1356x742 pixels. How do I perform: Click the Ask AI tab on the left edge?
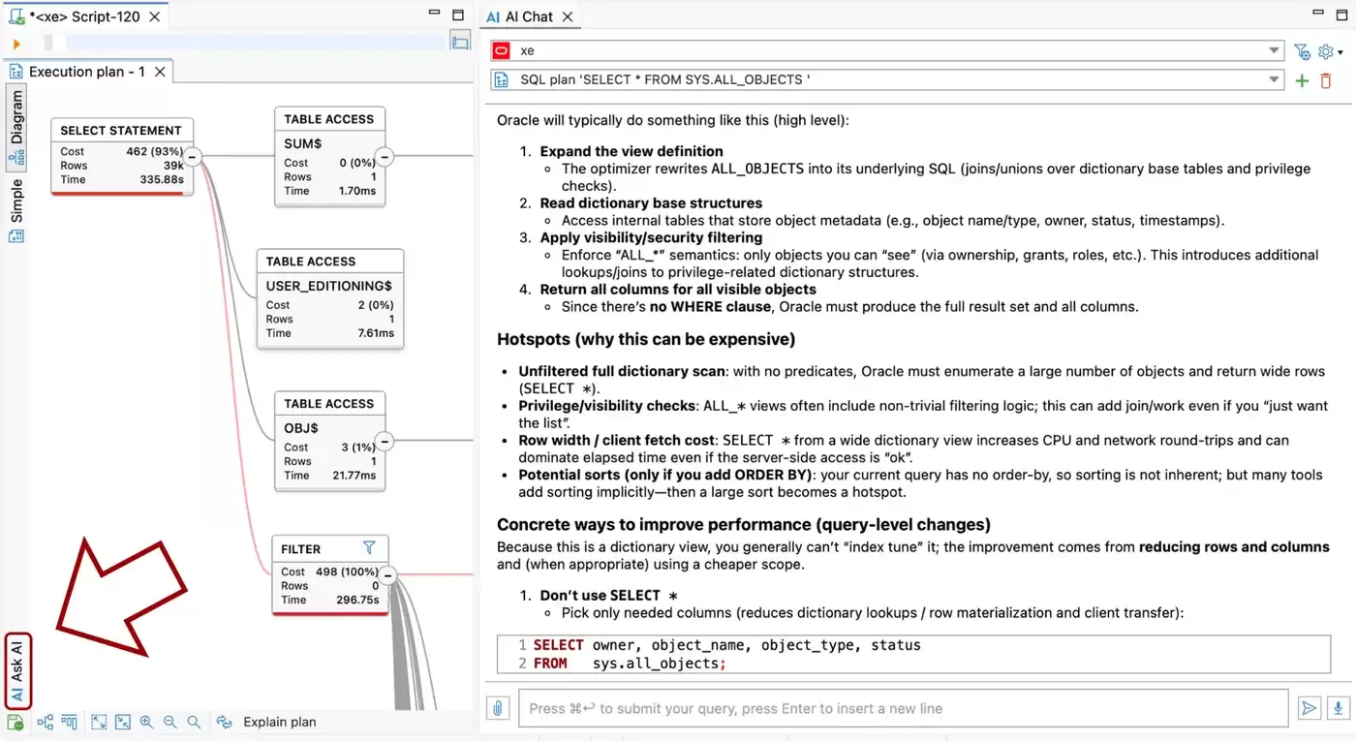17,671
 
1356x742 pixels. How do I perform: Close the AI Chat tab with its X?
568,16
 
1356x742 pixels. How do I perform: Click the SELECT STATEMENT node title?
121,131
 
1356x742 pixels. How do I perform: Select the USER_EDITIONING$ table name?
328,286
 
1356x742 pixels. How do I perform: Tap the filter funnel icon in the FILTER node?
369,547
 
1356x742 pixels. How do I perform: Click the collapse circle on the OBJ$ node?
385,441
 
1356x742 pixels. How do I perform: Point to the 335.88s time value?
162,179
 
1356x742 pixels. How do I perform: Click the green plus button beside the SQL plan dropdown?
1302,80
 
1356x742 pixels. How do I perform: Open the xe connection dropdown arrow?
1274,50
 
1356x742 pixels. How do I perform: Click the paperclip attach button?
498,708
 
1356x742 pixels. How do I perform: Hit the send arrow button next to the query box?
1309,708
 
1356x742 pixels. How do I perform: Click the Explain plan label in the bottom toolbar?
280,722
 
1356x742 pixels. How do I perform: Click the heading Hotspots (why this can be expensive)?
646,340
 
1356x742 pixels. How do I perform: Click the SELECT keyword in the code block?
558,645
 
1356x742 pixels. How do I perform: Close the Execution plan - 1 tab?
160,72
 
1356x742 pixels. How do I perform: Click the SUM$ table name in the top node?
302,143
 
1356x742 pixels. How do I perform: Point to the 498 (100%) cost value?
347,572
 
